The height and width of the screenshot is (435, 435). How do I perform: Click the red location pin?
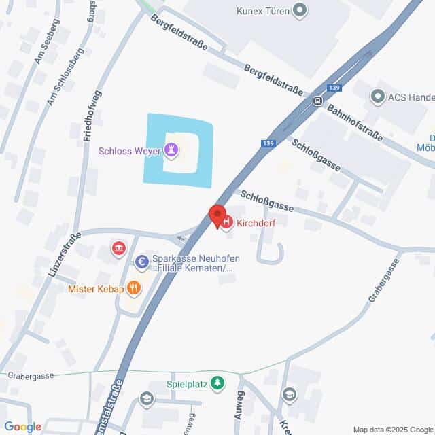tap(217, 215)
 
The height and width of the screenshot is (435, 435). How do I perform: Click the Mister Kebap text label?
tap(96, 288)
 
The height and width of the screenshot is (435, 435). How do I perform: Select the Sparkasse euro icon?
tap(141, 260)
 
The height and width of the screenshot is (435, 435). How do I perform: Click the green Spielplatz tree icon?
tap(217, 383)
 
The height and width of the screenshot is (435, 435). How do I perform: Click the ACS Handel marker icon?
tap(378, 97)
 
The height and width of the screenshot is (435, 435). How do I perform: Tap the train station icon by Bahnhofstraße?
tap(317, 101)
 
